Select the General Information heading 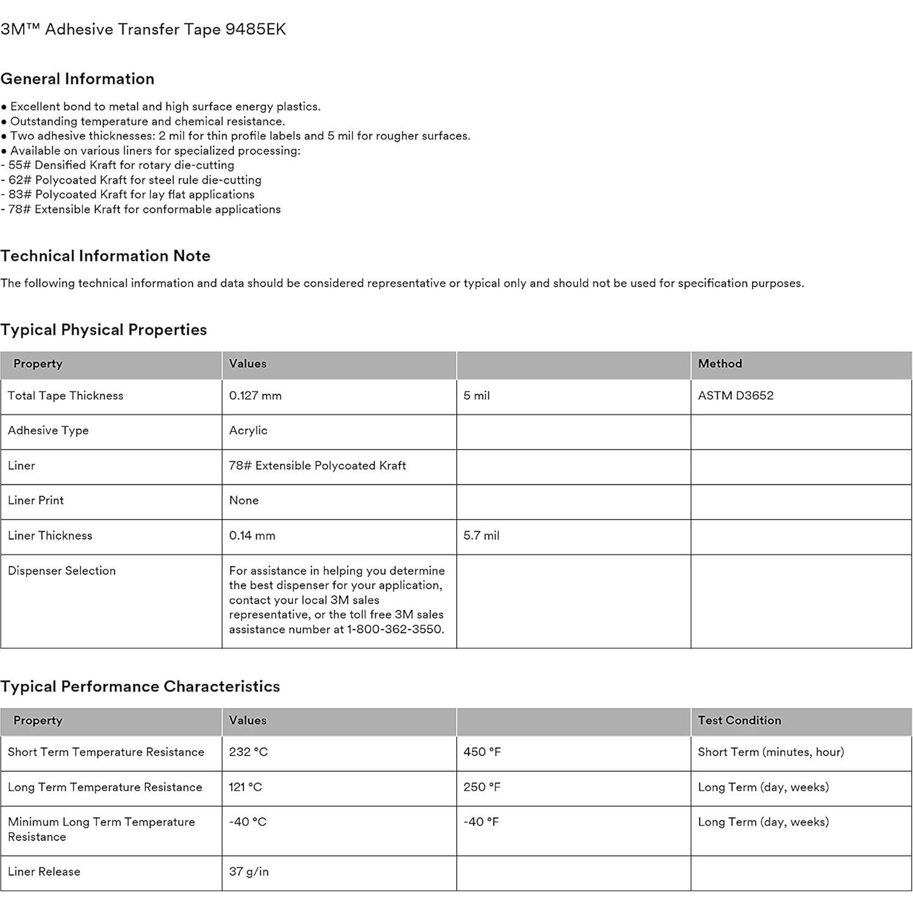(77, 79)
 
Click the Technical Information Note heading (106, 256)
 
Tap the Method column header (720, 363)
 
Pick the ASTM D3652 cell (736, 396)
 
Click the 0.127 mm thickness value (255, 396)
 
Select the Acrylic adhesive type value (248, 431)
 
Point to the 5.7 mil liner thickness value (481, 535)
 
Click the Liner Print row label (36, 501)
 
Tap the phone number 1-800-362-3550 (395, 629)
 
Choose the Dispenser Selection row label (62, 571)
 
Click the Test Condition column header (739, 720)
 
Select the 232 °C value (248, 752)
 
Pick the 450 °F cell (482, 752)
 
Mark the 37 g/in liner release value (249, 872)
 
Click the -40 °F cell (481, 822)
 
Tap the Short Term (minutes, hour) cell (771, 752)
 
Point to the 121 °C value (245, 787)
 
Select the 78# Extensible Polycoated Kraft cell (317, 466)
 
